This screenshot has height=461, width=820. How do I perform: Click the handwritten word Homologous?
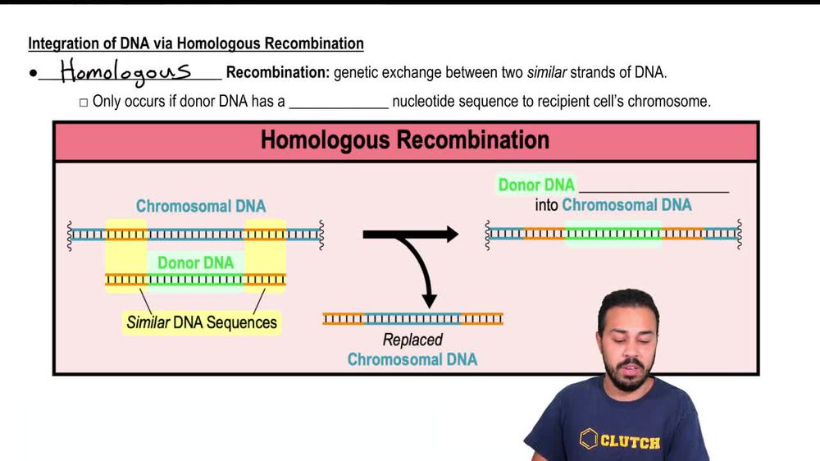pyautogui.click(x=125, y=72)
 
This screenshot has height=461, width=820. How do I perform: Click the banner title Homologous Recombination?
pyautogui.click(x=405, y=139)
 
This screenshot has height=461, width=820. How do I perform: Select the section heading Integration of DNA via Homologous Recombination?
pyautogui.click(x=196, y=43)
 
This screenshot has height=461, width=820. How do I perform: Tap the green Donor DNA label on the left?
pyautogui.click(x=195, y=263)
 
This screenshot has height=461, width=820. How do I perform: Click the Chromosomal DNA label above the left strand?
pyautogui.click(x=201, y=206)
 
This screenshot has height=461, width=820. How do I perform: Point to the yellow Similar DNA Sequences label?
pyautogui.click(x=202, y=322)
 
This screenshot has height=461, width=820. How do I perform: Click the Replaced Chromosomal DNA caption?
pyautogui.click(x=412, y=349)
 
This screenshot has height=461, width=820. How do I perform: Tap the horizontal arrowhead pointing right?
pyautogui.click(x=447, y=235)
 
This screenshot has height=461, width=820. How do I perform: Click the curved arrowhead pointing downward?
pyautogui.click(x=428, y=299)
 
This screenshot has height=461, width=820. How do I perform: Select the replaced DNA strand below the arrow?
pyautogui.click(x=412, y=319)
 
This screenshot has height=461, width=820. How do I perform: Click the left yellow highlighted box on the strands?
pyautogui.click(x=125, y=256)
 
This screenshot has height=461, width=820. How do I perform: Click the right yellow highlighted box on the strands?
pyautogui.click(x=265, y=256)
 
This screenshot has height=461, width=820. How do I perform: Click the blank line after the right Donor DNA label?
pyautogui.click(x=654, y=187)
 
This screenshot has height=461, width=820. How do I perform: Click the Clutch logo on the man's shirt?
pyautogui.click(x=620, y=440)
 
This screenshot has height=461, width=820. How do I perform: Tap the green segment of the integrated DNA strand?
pyautogui.click(x=613, y=234)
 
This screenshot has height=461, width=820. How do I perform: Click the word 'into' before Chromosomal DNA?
pyautogui.click(x=547, y=205)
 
